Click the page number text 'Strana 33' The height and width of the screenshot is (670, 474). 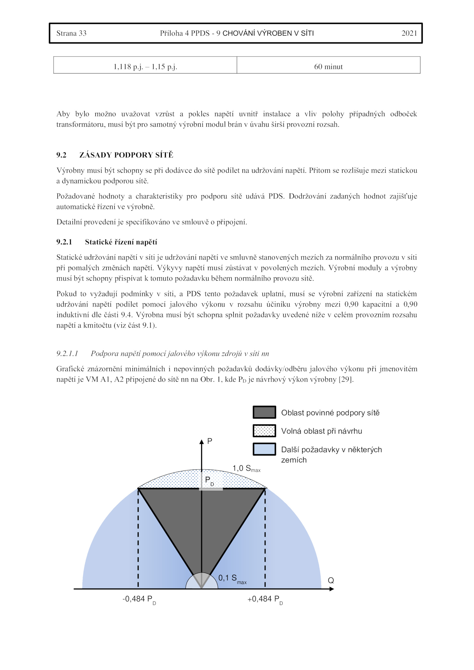pos(71,33)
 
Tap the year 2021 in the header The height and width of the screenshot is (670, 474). pos(409,33)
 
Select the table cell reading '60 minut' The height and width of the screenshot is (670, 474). pos(328,67)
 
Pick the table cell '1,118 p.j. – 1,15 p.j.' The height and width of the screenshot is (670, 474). pos(145,67)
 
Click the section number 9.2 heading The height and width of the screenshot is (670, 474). pos(62,155)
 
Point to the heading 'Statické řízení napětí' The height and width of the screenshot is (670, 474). pos(121,242)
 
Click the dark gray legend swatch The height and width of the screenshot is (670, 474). pos(264,412)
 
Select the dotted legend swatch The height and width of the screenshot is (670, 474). pos(264,431)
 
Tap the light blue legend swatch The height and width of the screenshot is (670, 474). pos(264,449)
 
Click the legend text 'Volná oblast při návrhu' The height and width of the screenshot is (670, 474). pos(321,431)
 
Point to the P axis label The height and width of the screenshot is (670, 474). pos(210,441)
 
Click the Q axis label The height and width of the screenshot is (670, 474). pos(331,581)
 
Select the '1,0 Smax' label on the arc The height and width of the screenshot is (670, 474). pos(246,469)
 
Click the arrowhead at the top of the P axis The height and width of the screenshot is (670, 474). pos(201,442)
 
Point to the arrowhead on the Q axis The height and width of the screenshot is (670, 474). pos(332,589)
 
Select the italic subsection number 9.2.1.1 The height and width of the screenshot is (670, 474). pos(67,353)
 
